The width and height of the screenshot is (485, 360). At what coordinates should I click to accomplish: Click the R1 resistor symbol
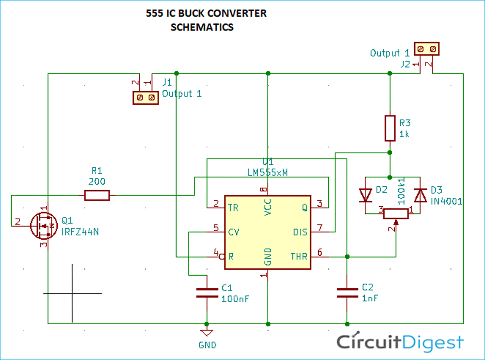(x=97, y=196)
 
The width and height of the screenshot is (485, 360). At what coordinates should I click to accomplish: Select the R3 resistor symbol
(x=390, y=128)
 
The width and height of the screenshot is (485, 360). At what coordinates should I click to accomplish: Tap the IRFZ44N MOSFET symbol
(x=44, y=226)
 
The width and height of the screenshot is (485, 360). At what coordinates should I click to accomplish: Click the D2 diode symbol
(x=365, y=196)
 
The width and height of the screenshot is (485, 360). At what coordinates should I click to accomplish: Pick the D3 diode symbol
(x=420, y=196)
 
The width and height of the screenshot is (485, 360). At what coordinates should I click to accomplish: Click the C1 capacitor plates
(x=207, y=293)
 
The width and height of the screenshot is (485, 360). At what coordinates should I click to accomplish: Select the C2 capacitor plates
(x=347, y=293)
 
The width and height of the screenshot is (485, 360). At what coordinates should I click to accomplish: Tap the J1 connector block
(x=145, y=98)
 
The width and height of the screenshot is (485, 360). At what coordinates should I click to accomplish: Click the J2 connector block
(x=426, y=49)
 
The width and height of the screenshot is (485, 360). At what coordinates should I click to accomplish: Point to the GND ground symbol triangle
(x=207, y=333)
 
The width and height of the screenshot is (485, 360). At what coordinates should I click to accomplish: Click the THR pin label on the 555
(x=299, y=256)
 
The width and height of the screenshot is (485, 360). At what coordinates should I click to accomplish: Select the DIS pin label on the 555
(x=300, y=232)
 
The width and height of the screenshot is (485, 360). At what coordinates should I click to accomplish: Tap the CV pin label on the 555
(x=234, y=232)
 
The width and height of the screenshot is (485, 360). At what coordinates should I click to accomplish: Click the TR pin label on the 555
(x=233, y=208)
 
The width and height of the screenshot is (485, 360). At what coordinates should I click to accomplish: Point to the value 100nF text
(x=235, y=299)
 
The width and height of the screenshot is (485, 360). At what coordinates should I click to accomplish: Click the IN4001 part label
(x=446, y=201)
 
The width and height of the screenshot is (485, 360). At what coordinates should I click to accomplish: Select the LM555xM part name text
(x=268, y=172)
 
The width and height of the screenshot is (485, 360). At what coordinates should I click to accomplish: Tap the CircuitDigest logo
(x=400, y=342)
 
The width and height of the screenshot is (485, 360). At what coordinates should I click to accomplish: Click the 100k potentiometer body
(x=396, y=214)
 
